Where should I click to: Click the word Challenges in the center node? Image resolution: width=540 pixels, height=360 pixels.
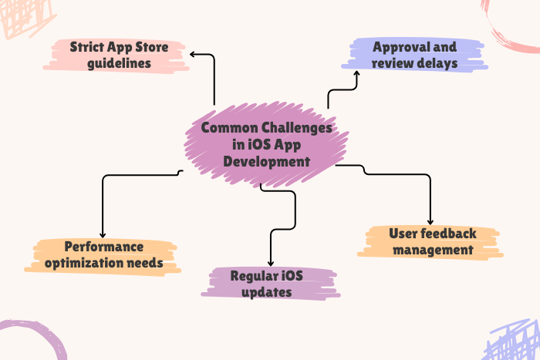(x=295, y=128)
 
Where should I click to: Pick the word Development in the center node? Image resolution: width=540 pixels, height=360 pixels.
(x=262, y=162)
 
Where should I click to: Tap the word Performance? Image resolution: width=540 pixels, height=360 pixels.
(x=103, y=247)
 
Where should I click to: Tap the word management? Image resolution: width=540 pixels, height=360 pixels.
(x=430, y=250)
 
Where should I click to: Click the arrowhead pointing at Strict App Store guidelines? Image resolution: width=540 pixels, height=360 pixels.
(x=193, y=54)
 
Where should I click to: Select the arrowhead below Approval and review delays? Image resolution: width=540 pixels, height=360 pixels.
(x=356, y=73)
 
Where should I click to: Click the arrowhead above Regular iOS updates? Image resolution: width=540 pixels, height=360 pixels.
(x=270, y=262)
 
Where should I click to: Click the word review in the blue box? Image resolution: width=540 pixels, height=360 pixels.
(x=391, y=62)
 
